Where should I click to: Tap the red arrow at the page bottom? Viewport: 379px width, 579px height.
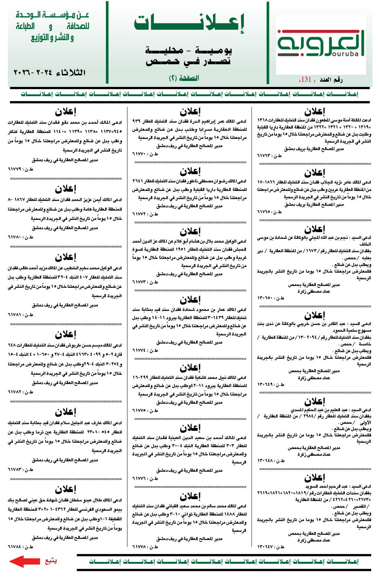24,561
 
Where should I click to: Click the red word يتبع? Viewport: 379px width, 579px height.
51,560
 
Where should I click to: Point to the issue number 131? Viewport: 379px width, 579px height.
306,79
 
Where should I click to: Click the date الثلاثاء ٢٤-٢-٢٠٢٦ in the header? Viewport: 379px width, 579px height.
49,72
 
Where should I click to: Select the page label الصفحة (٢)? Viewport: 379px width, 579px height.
184,78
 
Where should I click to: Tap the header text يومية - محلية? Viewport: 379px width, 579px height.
188,51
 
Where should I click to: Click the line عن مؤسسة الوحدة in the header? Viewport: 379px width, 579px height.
52,15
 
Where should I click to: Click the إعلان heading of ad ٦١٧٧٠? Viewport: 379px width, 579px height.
190,111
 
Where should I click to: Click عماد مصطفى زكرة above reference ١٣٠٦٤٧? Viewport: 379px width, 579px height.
314,540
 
